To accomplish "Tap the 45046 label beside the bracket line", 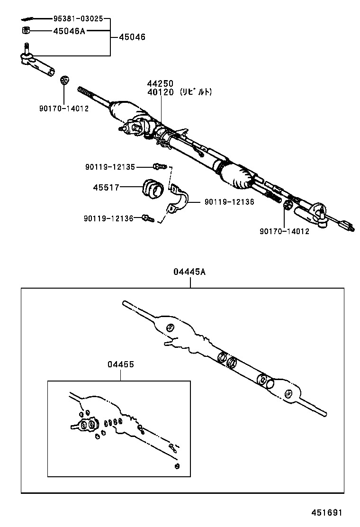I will click(x=132, y=37).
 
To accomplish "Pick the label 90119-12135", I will click(x=110, y=167).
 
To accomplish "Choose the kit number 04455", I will click(x=120, y=364).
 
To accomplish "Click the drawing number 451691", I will click(x=326, y=512).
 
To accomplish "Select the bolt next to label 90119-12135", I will click(x=159, y=166).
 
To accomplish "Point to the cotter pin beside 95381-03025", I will click(x=28, y=20).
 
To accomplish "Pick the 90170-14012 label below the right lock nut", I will click(x=284, y=231).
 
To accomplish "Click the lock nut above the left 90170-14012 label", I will click(x=64, y=79).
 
